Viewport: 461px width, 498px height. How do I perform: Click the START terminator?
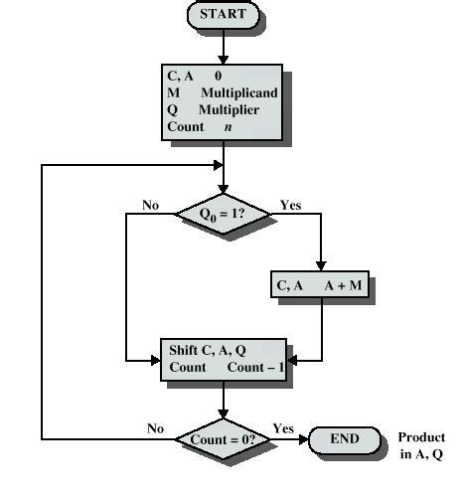[x=223, y=15]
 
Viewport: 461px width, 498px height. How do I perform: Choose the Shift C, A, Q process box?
[x=223, y=359]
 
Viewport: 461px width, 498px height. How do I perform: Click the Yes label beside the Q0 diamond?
[x=291, y=205]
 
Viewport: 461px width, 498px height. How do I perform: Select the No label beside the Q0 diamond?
[x=150, y=205]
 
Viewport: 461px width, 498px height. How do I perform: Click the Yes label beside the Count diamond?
[x=283, y=429]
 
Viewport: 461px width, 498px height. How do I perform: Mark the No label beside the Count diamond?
[x=155, y=429]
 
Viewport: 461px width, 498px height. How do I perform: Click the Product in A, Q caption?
[x=421, y=445]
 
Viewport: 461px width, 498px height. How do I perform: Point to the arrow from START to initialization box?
[x=224, y=46]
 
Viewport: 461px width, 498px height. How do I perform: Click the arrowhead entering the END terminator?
[x=303, y=438]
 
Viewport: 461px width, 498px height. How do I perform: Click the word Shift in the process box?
[x=185, y=350]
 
